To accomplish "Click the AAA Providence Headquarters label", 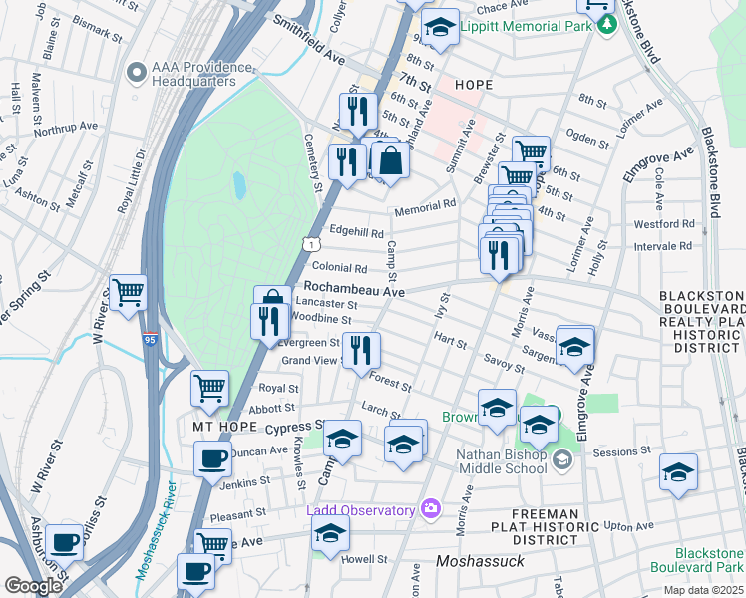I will coord(199,73).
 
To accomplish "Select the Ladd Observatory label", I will coord(361,510).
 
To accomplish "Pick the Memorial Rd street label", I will coord(424,204).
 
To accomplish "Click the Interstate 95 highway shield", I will coord(150,340).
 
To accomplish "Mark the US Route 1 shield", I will coord(312,243).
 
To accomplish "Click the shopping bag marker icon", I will coord(392,160).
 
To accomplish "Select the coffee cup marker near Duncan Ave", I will coord(211,459).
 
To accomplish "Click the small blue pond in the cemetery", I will coord(239,184).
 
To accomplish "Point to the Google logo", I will coord(33,586).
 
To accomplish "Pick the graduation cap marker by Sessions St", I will coord(678,471).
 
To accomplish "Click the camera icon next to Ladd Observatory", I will coord(431,510).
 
